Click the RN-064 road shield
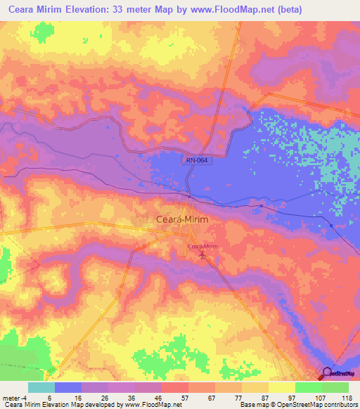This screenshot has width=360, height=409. tap(197, 160)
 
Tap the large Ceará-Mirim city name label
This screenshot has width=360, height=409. tap(181, 219)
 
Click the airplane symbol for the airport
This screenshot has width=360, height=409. tap(203, 256)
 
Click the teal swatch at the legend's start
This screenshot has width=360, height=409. tap(41, 387)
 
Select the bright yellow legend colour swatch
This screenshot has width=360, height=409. tap(281, 387)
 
